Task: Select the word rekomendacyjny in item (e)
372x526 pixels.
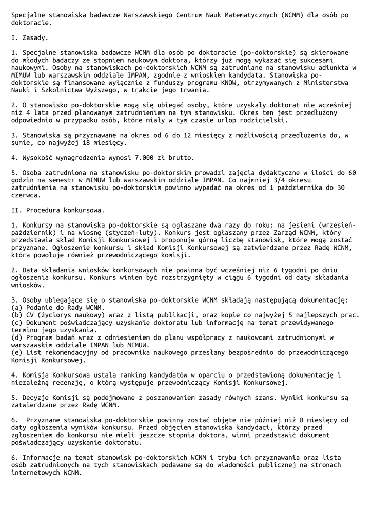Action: click(71, 352)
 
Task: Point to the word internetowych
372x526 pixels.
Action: click(36, 473)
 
